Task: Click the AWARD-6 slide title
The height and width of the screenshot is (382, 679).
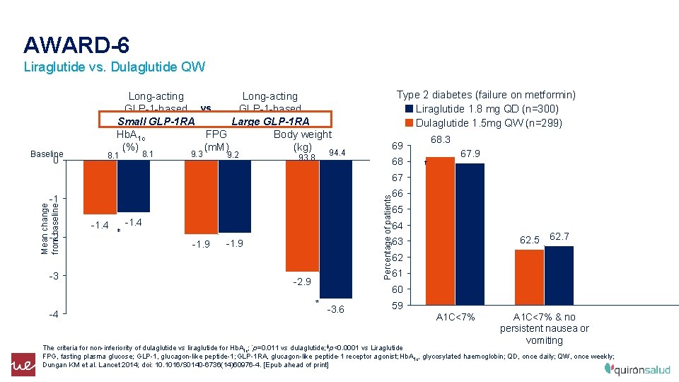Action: click(76, 45)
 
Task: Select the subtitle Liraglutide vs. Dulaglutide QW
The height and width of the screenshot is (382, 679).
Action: click(114, 68)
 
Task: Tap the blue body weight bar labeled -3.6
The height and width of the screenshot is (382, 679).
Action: click(318, 226)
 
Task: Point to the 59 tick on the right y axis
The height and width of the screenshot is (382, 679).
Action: click(397, 306)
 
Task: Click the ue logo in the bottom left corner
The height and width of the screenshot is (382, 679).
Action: click(22, 364)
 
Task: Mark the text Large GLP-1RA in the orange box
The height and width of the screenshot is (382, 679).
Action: click(269, 121)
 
